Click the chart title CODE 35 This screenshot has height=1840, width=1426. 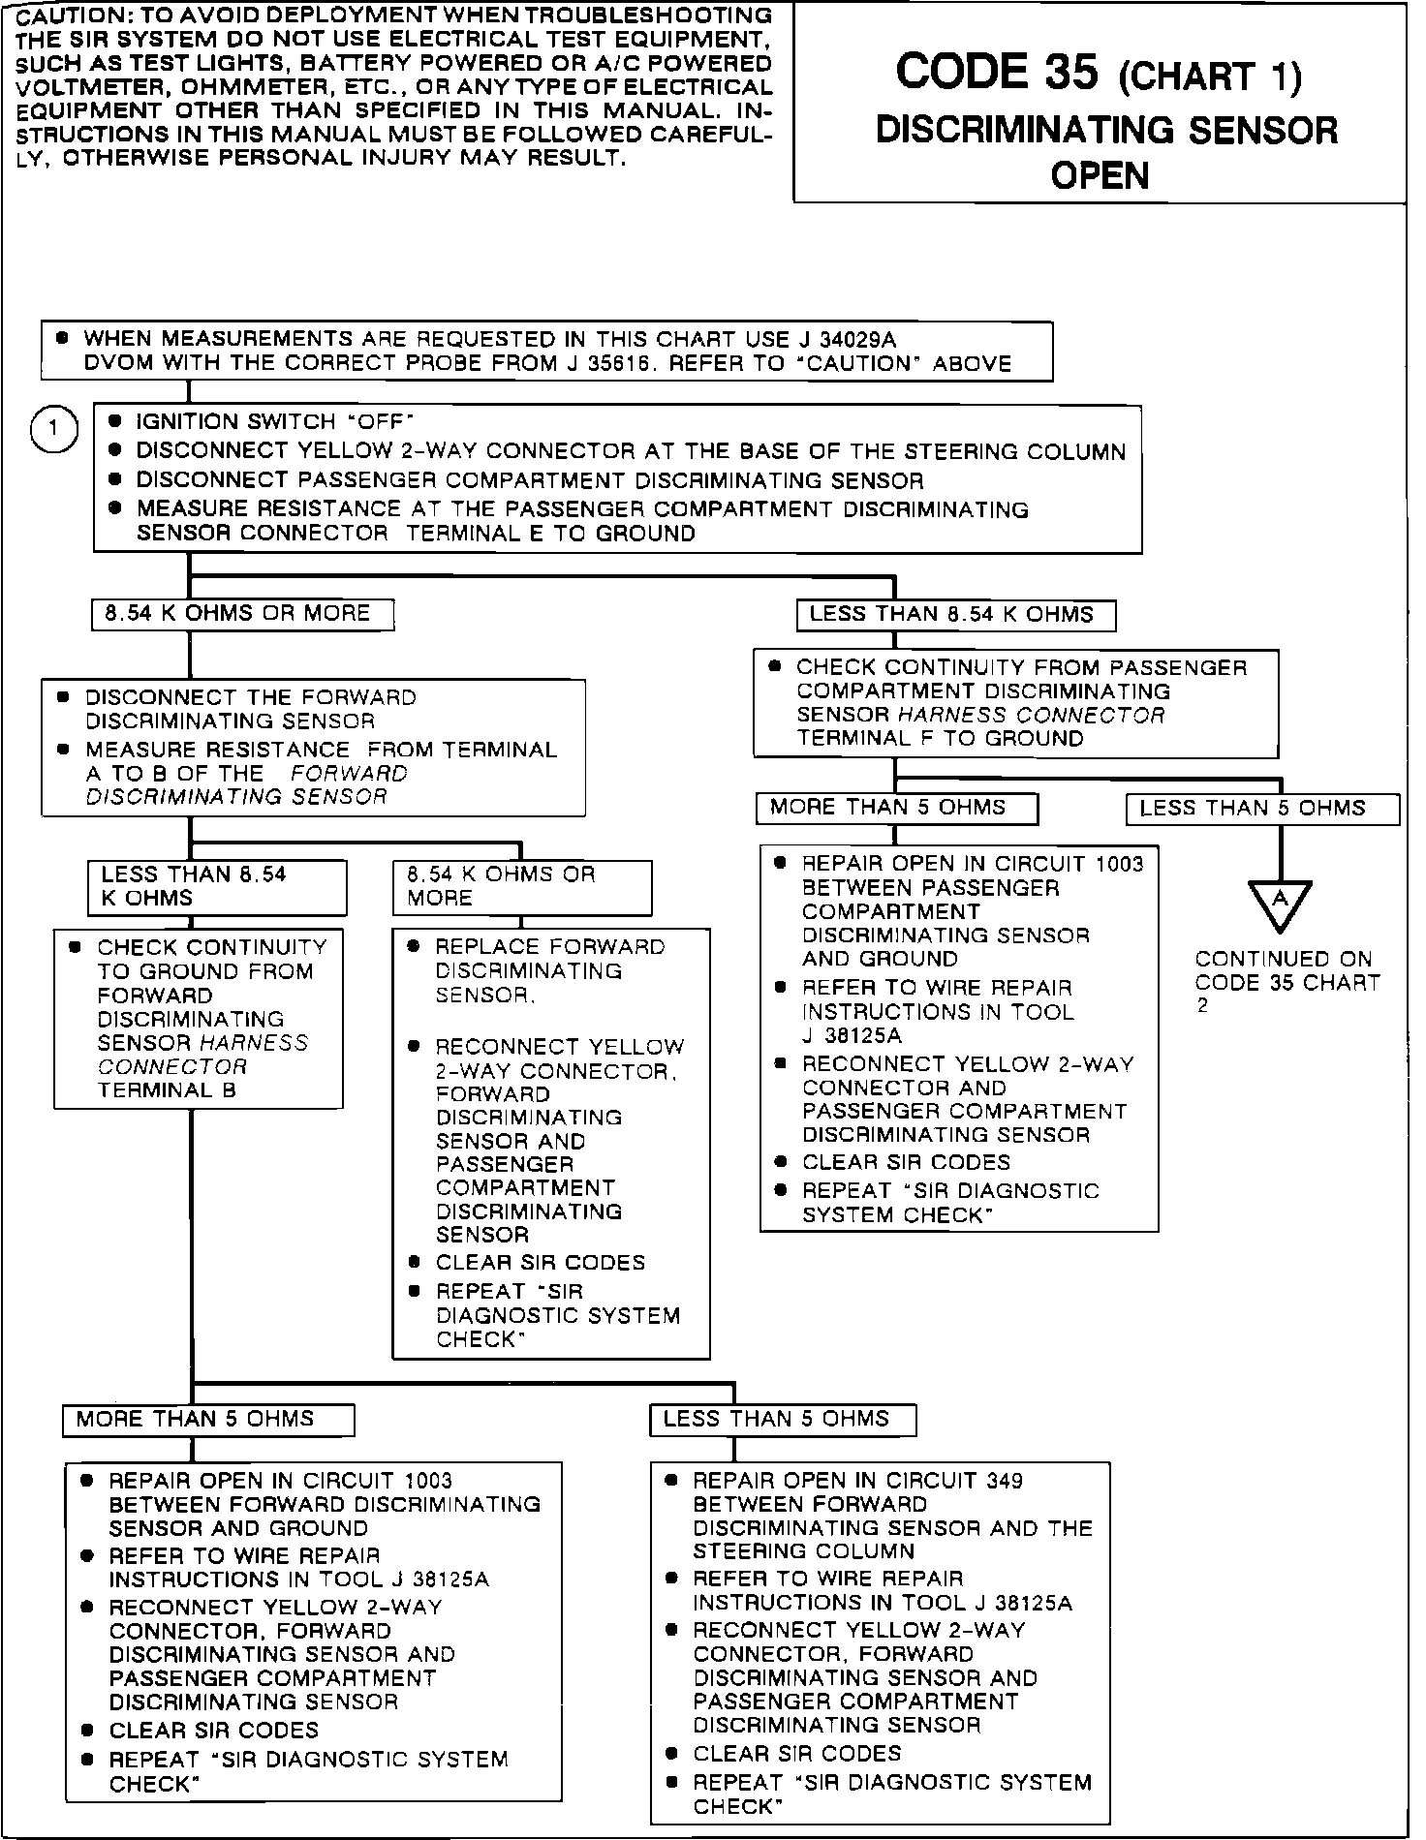(998, 73)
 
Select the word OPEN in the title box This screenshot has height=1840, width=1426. (1100, 175)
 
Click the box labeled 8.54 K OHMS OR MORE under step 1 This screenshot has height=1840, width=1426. (242, 614)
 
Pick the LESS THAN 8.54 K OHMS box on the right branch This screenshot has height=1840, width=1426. (955, 615)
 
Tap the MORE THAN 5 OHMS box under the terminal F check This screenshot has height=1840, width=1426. (896, 808)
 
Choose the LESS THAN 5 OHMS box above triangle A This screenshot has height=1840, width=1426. (1261, 809)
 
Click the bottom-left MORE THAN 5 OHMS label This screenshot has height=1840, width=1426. (207, 1420)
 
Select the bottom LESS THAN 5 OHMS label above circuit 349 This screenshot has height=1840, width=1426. (782, 1420)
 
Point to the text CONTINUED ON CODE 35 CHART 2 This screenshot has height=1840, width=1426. (1286, 982)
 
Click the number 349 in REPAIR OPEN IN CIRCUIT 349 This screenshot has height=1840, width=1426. (1004, 1481)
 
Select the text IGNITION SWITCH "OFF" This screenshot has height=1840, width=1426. (274, 422)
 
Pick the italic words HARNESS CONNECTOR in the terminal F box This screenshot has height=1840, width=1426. (1031, 716)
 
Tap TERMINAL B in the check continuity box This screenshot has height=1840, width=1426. (167, 1090)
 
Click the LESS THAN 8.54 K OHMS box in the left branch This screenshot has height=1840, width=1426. (216, 886)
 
